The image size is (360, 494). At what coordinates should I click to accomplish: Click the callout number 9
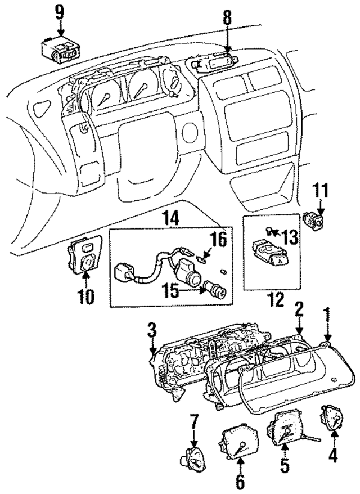60,11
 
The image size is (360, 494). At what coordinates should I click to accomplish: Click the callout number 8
227,18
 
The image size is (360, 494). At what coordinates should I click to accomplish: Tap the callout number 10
85,296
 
